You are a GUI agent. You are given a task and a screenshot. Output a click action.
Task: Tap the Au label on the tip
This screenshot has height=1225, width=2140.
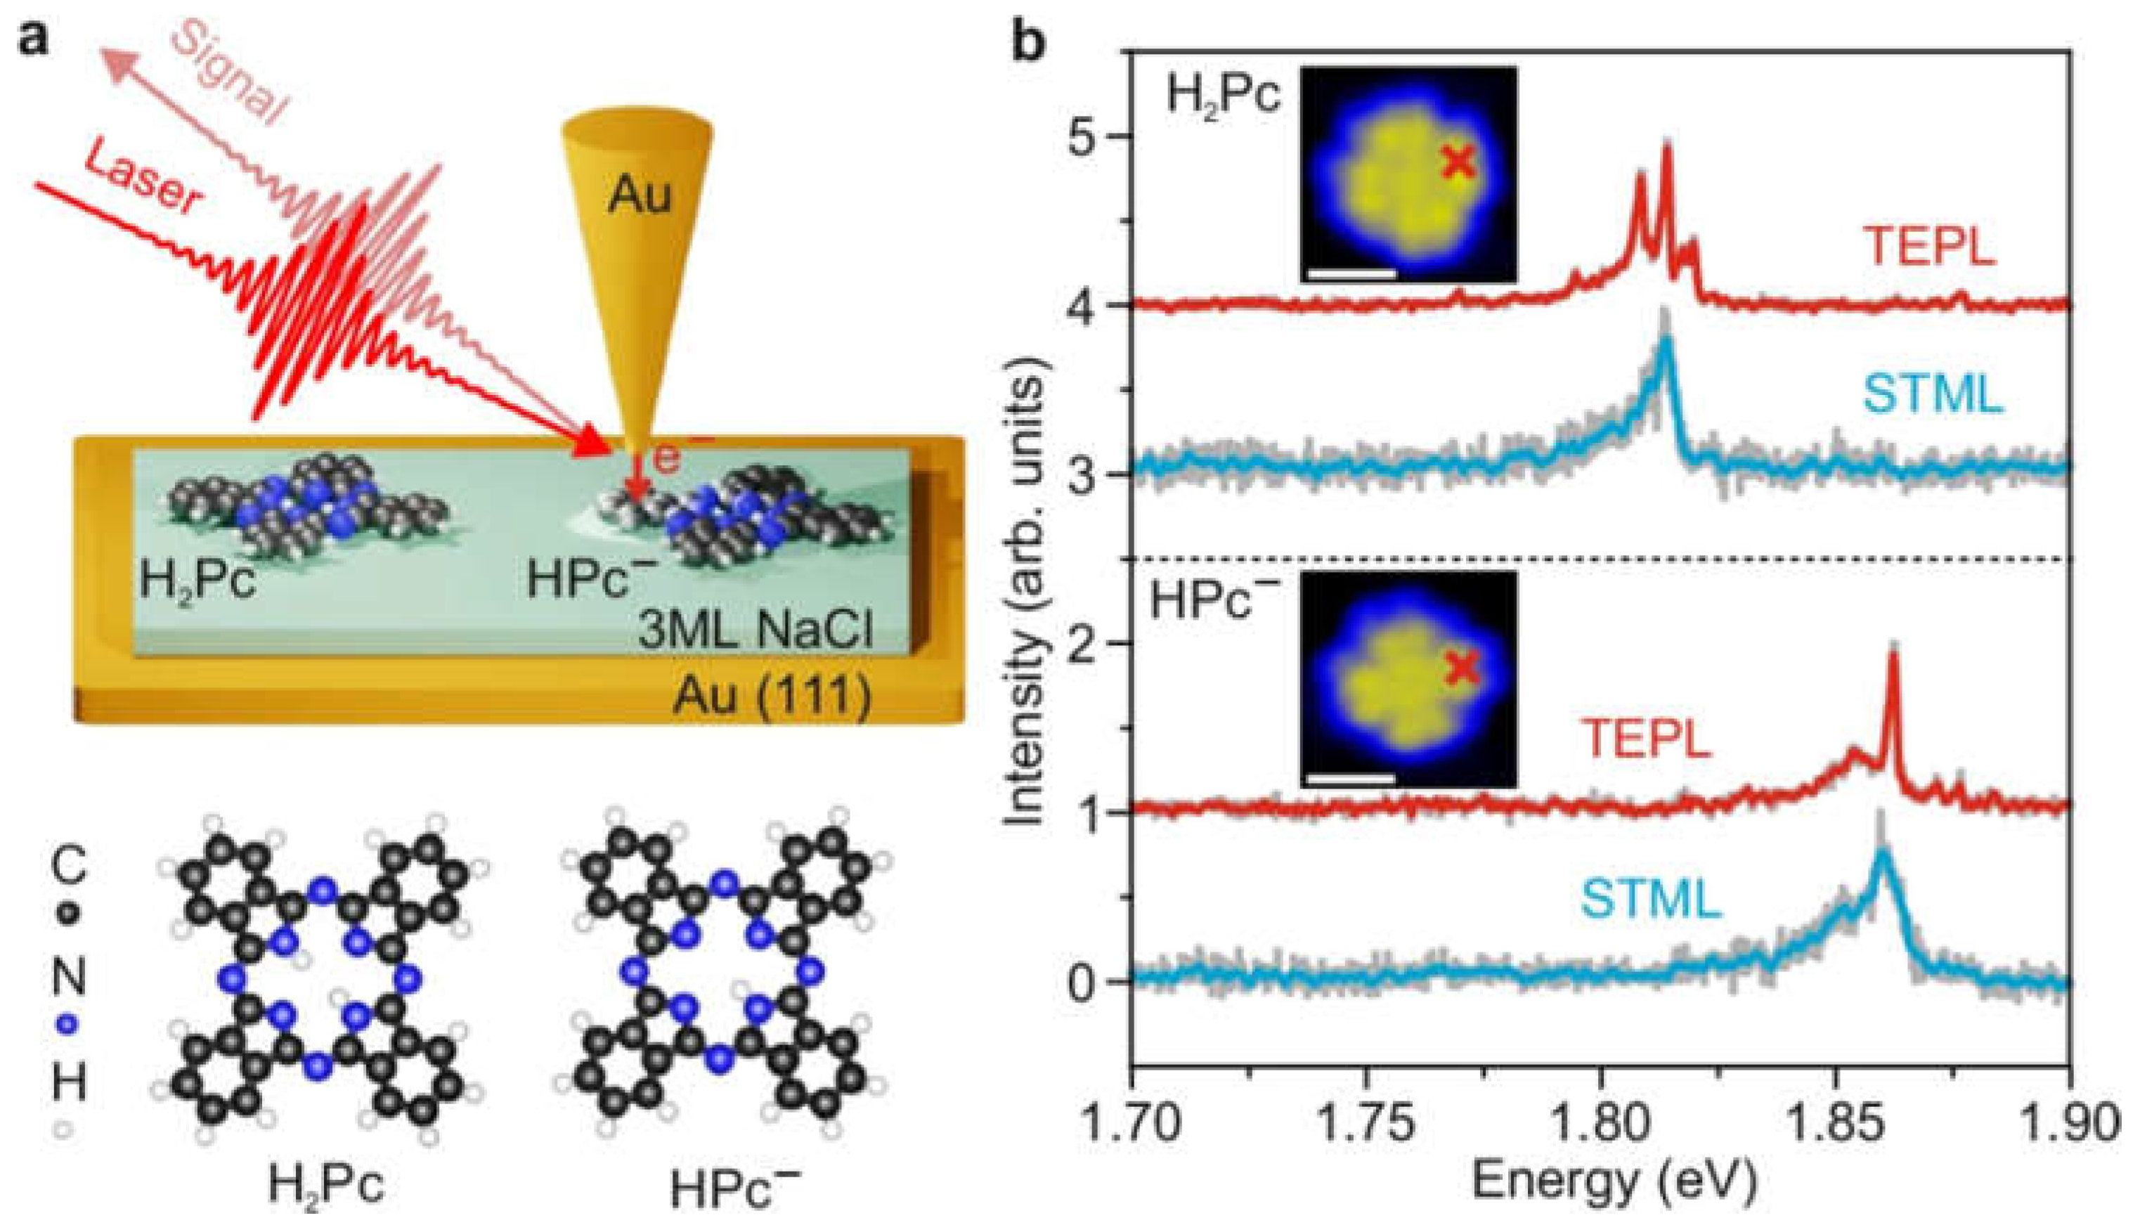coord(640,195)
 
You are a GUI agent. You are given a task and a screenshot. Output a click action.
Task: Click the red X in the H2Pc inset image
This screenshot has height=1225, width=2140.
coord(1458,162)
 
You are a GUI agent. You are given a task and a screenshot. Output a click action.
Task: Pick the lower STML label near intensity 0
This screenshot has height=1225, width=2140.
coord(1650,900)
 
